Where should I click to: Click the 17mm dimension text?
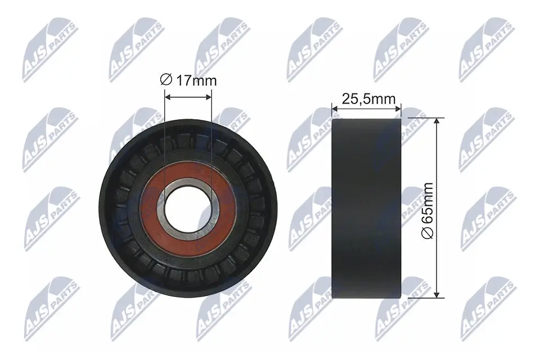pos(196,80)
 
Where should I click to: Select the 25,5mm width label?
pos(369,100)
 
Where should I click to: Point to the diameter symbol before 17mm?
pos(166,80)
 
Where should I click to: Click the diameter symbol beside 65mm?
pos(429,233)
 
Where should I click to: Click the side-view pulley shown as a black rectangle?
pos(366,208)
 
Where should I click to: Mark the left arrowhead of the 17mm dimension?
pos(167,96)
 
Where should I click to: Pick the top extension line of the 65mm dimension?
pos(422,118)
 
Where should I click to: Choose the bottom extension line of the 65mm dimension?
pos(422,298)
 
